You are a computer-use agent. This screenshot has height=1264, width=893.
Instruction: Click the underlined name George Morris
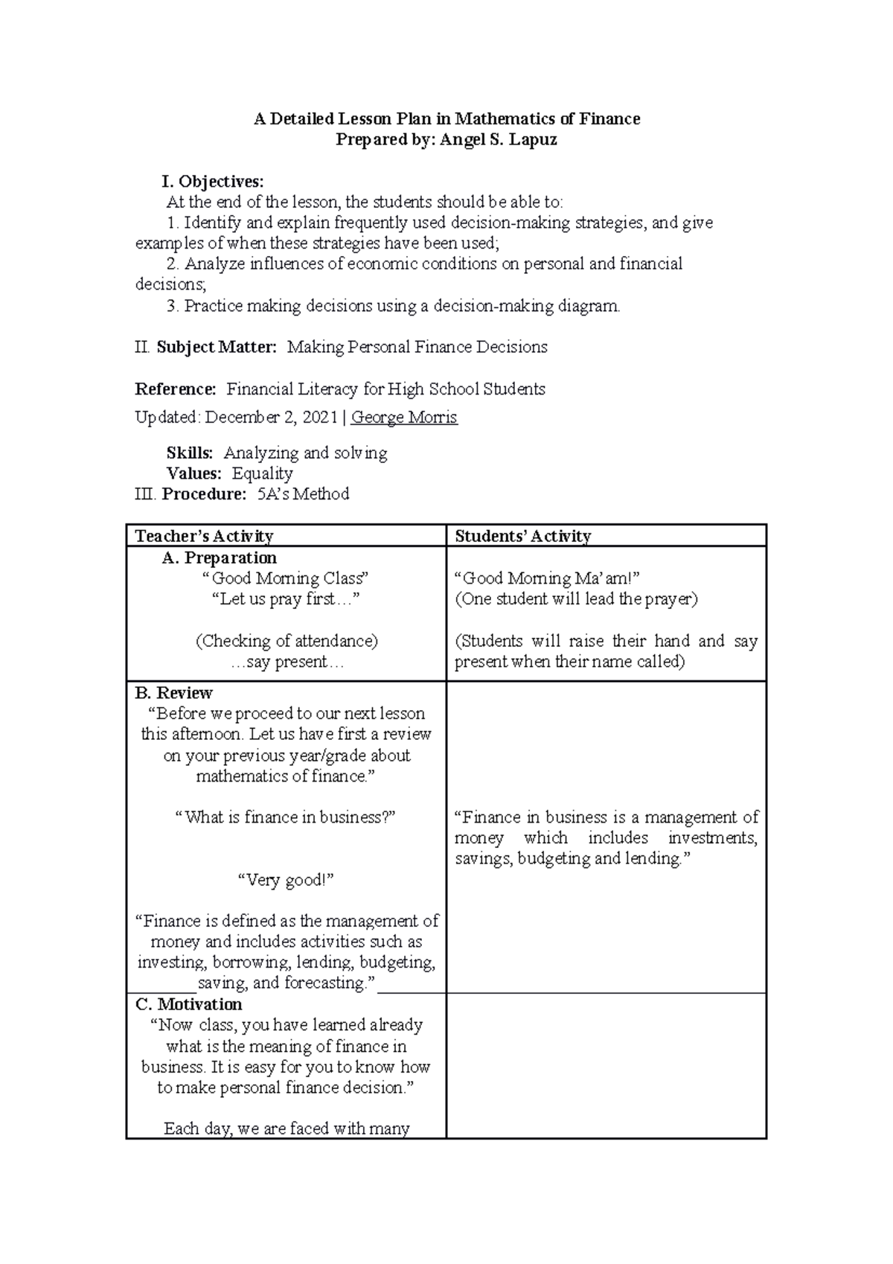pos(404,418)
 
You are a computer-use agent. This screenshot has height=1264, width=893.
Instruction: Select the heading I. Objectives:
pos(213,182)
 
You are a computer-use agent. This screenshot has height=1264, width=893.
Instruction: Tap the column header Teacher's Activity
pos(205,536)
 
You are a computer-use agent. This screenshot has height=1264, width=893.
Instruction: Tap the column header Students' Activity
pos(523,536)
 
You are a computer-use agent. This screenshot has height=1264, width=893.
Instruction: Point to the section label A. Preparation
pos(219,558)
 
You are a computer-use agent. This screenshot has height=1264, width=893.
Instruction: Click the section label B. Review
pos(174,693)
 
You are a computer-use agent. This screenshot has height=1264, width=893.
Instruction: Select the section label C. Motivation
pos(189,1004)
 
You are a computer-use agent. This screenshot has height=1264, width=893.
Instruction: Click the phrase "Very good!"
pos(285,880)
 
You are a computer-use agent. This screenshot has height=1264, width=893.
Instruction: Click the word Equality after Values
pos(262,473)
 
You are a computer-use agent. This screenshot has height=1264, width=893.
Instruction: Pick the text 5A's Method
pos(303,494)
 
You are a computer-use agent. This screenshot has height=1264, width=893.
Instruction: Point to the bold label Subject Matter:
pos(217,347)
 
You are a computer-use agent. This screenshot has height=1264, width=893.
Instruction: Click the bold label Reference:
pos(176,389)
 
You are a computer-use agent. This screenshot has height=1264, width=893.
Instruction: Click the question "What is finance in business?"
pos(285,817)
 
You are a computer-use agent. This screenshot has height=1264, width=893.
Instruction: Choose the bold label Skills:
pos(190,453)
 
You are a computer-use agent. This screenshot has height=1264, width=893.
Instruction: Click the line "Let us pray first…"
pos(286,599)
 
